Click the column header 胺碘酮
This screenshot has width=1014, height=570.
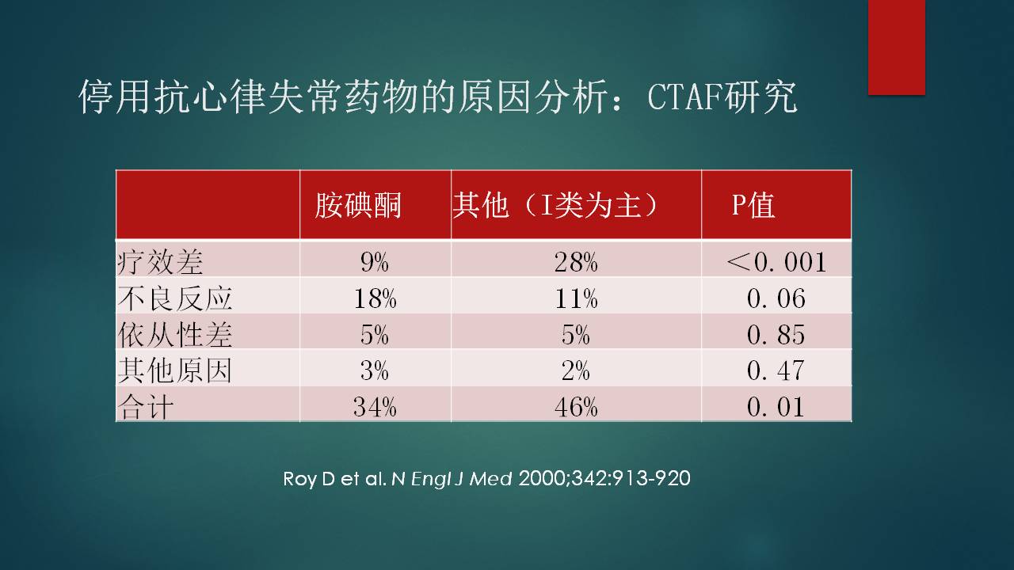(358, 205)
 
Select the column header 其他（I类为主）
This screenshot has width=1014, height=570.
(555, 205)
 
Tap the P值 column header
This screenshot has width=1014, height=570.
(753, 205)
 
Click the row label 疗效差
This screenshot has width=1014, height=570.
(160, 262)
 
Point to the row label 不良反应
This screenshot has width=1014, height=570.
(175, 298)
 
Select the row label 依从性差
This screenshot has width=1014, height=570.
(175, 334)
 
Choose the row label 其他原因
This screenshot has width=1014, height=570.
(175, 370)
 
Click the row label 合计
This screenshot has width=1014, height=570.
(145, 407)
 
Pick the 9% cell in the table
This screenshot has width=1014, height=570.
(375, 262)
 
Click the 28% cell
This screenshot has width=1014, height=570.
(576, 262)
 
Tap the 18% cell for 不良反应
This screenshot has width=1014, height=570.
(375, 298)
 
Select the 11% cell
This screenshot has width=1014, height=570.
(576, 298)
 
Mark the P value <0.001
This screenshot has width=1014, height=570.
(776, 262)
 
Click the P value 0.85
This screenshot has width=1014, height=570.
(776, 335)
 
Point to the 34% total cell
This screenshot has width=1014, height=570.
(375, 407)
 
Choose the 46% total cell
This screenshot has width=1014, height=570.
(576, 407)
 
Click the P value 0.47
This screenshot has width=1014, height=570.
(776, 370)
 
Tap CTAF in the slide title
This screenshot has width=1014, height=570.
(683, 97)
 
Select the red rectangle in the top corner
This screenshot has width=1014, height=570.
(896, 47)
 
